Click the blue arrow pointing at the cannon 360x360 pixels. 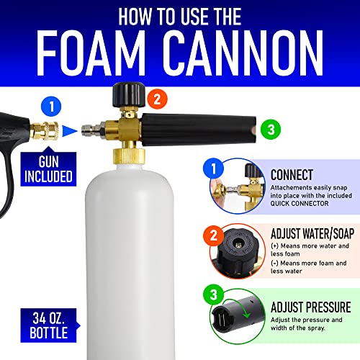click(x=68, y=130)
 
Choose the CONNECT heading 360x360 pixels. click(x=291, y=175)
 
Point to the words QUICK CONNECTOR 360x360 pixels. click(x=291, y=202)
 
